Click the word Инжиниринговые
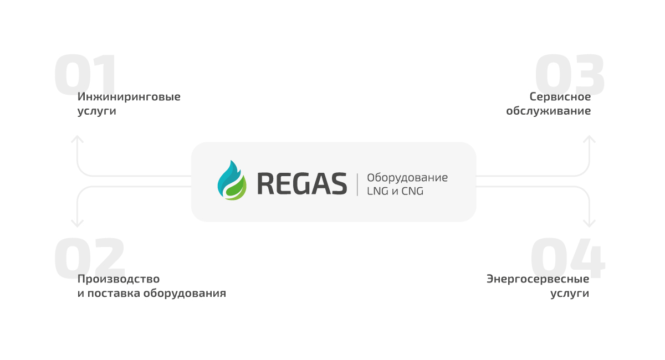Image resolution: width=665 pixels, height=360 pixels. (129, 97)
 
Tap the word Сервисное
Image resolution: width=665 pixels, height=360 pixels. (560, 97)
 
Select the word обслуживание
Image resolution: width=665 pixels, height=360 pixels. (548, 111)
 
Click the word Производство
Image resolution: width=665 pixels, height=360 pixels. (119, 279)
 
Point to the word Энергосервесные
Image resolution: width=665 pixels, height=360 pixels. (538, 279)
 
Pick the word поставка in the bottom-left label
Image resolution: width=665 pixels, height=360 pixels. (114, 293)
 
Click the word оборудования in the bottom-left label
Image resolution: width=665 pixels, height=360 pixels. (185, 293)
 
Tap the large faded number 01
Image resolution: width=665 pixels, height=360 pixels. (85, 74)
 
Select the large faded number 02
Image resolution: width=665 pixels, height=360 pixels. (89, 258)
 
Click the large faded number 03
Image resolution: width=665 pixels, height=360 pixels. (570, 74)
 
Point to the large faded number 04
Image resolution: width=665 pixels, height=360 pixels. (567, 258)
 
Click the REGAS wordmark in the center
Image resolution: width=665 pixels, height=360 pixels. (302, 184)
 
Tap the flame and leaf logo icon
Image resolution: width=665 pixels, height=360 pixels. (232, 181)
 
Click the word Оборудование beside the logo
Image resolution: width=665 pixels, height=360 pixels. (407, 177)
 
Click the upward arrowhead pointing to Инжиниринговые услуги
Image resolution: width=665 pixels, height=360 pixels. (77, 139)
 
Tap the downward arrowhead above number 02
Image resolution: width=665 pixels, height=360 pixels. (77, 224)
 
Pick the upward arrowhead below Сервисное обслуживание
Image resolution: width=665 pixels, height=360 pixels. (589, 139)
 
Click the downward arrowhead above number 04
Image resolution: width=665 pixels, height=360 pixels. (589, 224)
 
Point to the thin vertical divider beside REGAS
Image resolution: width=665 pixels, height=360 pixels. (357, 184)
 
